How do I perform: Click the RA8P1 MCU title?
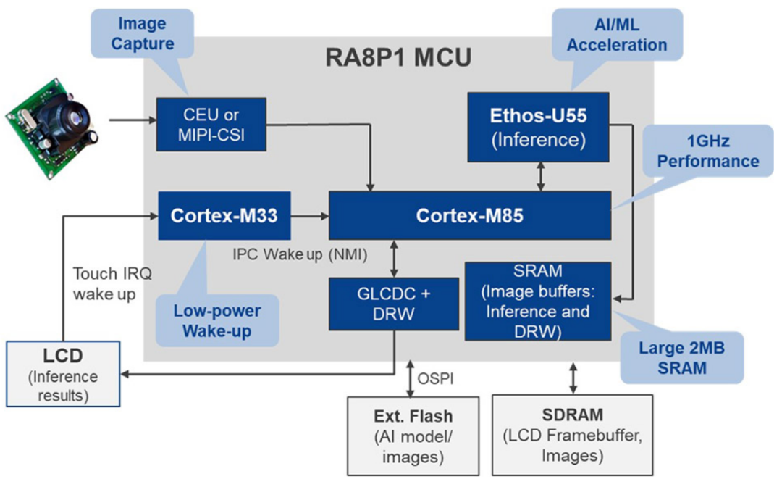[398, 57]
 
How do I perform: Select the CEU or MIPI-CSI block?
[211, 124]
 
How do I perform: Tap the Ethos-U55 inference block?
[538, 127]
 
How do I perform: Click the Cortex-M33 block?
[224, 215]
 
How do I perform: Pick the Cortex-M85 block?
[470, 215]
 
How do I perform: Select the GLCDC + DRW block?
[393, 304]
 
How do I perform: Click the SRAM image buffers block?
[537, 301]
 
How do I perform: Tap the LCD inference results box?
[63, 374]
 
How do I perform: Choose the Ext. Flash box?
[413, 436]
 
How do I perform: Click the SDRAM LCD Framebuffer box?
[573, 435]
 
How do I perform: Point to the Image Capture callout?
[142, 33]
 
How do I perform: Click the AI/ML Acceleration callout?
[617, 35]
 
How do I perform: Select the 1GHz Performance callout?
[708, 151]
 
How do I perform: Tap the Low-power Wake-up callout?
[217, 320]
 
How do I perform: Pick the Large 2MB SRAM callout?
[682, 358]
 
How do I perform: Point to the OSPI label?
[435, 379]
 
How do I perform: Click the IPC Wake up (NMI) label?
[300, 254]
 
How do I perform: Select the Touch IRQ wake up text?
[112, 284]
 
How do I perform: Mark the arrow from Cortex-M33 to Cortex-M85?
[310, 216]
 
